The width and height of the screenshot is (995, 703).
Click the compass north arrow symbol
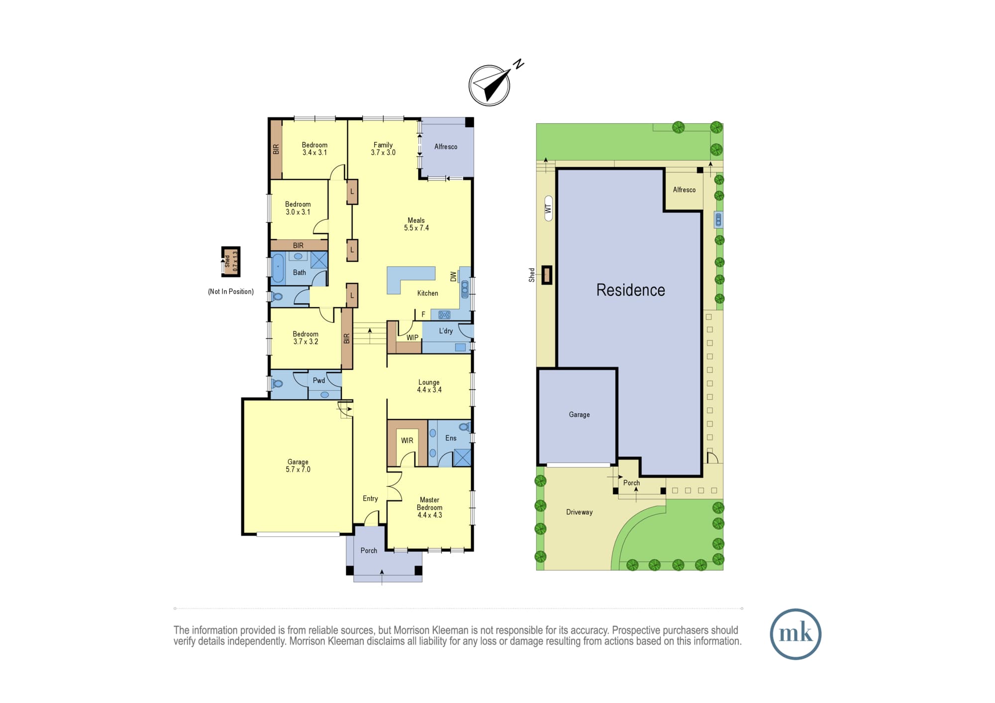[490, 85]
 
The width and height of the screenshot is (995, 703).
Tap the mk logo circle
[796, 634]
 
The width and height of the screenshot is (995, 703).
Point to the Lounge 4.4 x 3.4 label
[429, 386]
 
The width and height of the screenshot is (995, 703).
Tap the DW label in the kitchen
[453, 276]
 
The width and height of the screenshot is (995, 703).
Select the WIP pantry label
[412, 338]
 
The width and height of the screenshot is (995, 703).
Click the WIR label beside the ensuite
[407, 440]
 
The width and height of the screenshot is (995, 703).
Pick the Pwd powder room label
[319, 380]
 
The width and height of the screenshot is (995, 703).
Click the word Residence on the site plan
[630, 290]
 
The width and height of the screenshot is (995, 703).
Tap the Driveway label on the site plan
[579, 512]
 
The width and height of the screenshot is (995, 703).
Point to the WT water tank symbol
[549, 208]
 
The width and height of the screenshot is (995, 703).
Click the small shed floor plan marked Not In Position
[231, 262]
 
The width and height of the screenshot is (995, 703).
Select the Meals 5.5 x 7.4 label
[416, 224]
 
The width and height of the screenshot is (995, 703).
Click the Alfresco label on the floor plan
[446, 147]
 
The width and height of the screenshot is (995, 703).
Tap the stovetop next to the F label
[444, 315]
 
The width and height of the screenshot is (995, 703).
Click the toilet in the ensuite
[464, 427]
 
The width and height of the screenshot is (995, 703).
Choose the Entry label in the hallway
[370, 499]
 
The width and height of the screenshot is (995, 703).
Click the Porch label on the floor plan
[369, 550]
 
